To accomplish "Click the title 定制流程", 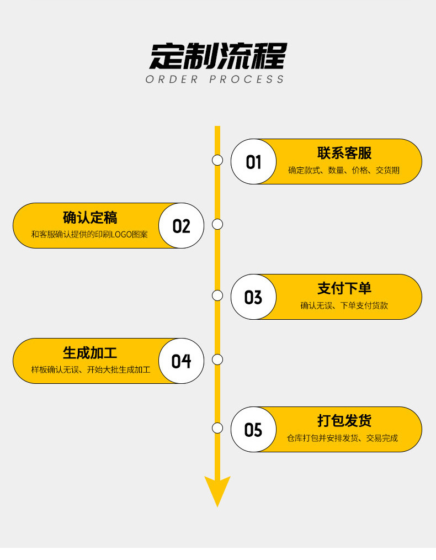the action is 218,55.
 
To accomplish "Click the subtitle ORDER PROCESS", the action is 215,80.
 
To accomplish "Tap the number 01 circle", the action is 253,162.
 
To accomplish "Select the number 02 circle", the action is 181,226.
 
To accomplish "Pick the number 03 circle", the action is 253,297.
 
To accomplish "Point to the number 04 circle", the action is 181,361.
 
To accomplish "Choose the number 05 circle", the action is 253,430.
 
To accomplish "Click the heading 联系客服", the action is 344,153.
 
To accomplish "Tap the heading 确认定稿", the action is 90,217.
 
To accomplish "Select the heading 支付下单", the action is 344,288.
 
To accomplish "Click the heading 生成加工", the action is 90,352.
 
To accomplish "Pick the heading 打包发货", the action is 344,421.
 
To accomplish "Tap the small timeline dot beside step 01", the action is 217,160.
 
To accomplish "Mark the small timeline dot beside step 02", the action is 217,224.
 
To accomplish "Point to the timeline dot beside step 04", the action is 217,360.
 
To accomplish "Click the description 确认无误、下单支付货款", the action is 344,305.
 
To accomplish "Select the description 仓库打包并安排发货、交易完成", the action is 342,439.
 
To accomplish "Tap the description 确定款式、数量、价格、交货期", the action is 344,171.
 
